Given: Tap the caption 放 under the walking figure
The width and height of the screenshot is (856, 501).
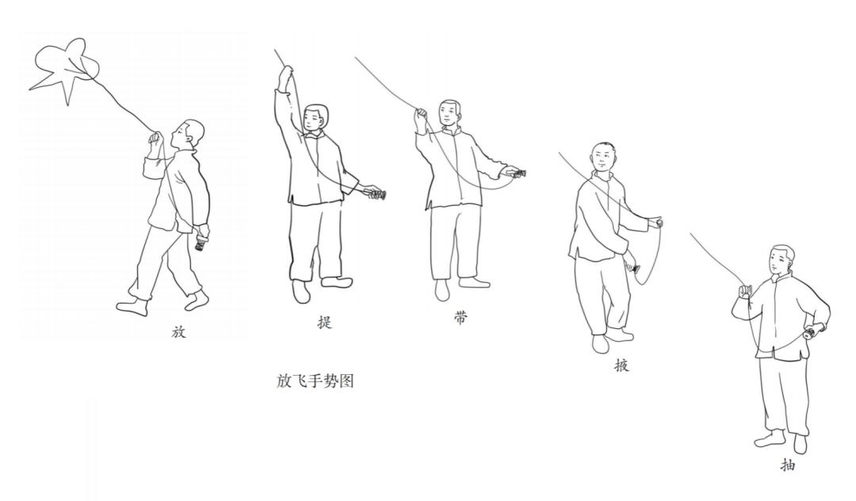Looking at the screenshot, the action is (179, 331).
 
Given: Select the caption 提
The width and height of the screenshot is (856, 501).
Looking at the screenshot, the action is (325, 322).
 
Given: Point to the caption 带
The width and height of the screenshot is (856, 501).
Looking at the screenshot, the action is (460, 318).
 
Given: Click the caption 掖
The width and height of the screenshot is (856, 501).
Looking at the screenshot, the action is (621, 365).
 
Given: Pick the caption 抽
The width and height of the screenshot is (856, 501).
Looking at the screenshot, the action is (788, 465).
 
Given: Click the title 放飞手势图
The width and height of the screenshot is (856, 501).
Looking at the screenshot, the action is (315, 381).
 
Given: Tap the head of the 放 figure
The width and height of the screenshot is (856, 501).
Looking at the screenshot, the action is (189, 135).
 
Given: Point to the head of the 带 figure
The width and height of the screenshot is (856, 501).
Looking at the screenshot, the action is (450, 114).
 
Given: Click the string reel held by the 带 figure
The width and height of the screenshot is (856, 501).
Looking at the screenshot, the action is (516, 174).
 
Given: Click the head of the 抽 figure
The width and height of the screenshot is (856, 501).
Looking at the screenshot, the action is (781, 260).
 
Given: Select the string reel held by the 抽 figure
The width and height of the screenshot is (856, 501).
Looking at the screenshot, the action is (813, 331).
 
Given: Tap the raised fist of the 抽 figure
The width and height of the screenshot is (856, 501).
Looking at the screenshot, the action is (744, 292).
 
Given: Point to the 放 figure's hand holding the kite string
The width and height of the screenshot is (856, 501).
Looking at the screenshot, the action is (155, 139).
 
